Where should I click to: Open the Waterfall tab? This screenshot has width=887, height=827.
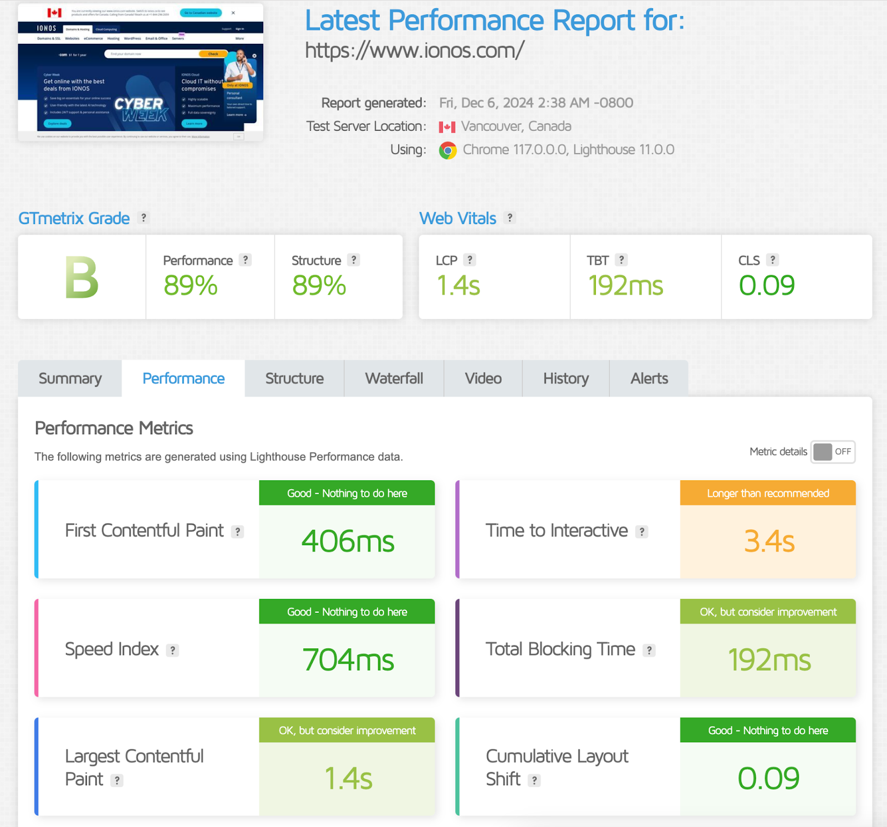(394, 378)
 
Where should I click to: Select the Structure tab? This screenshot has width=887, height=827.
(294, 378)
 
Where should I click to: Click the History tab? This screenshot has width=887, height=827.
(565, 378)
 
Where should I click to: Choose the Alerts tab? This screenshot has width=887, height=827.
(649, 378)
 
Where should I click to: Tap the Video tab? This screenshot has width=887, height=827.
(483, 378)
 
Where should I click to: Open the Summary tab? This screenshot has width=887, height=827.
(70, 378)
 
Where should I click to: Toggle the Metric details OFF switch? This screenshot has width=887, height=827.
(833, 451)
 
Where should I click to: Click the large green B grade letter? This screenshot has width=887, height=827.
(81, 277)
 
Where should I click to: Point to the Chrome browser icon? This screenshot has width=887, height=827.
(448, 150)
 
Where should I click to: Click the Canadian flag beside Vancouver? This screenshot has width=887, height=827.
(447, 127)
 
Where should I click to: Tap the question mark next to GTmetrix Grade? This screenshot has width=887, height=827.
(144, 217)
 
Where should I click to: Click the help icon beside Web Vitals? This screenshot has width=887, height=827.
(509, 217)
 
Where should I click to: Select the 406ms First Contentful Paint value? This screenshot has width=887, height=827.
(348, 541)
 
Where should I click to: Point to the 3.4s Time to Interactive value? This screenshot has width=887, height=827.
(768, 541)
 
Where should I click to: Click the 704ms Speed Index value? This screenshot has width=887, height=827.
(348, 660)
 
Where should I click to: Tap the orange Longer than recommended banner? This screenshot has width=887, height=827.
(768, 493)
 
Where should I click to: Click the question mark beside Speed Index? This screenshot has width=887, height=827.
(173, 650)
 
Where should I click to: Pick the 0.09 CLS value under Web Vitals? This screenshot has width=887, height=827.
(766, 285)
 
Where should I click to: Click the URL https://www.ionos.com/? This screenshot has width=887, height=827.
(414, 50)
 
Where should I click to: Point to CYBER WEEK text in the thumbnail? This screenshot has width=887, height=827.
(141, 109)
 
